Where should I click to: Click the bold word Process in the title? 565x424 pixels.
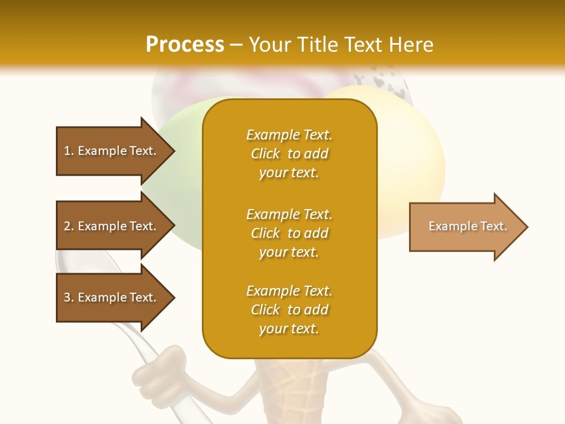coord(185,45)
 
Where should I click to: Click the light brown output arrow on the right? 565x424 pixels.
coord(465,227)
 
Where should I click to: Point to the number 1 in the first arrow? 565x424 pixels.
coord(67,151)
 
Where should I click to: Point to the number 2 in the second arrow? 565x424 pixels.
coord(67,226)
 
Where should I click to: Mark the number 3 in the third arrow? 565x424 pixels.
coord(67,297)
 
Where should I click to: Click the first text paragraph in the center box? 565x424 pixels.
coord(289,154)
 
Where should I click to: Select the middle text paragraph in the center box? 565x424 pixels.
coord(289,233)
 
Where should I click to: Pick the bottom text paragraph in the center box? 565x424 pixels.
coord(289,310)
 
